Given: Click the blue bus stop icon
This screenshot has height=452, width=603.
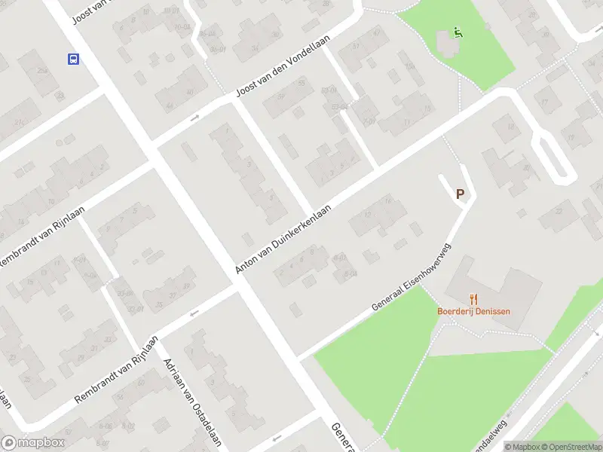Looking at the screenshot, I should pos(73,59).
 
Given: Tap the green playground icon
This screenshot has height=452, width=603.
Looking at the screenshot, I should pos(457,32).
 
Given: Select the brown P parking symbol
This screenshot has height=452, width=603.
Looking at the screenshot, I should pos(460,194).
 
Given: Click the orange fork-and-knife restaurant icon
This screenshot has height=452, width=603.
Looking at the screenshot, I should pos(473,299).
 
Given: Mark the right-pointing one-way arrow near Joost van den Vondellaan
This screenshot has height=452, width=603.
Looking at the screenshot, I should pos(194,118).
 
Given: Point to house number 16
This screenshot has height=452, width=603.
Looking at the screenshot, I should pos(387,201).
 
